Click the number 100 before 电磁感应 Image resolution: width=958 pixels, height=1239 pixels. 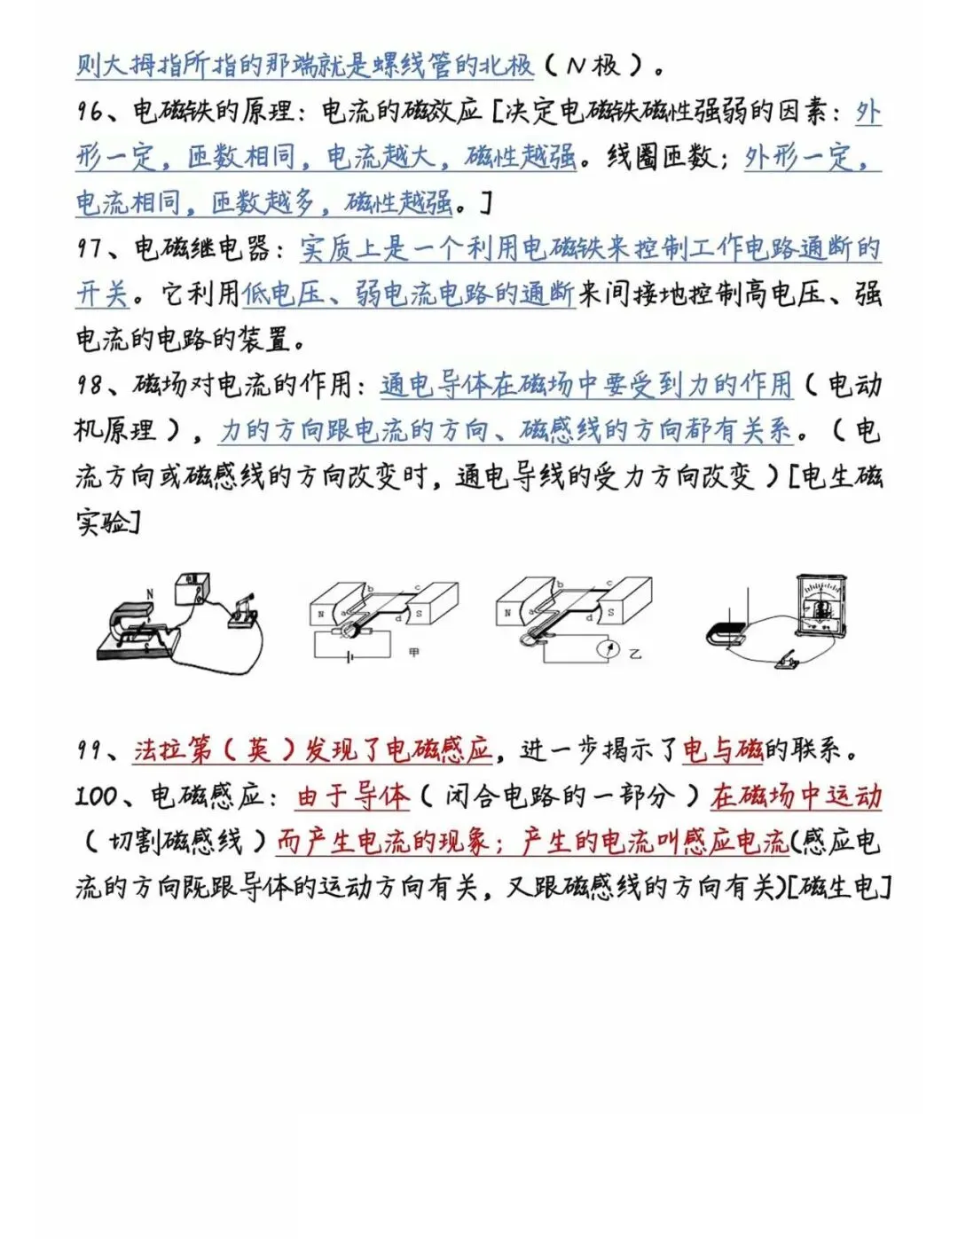tap(96, 796)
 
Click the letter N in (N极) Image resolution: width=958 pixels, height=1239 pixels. tap(577, 66)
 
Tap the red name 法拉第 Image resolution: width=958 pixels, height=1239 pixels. tap(173, 750)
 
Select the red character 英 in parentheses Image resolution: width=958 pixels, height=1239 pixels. tap(257, 750)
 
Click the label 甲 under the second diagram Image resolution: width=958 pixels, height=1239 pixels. tap(413, 653)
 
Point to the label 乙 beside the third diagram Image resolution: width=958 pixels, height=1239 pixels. tap(634, 655)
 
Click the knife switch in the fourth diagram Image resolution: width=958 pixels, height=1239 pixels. tap(784, 659)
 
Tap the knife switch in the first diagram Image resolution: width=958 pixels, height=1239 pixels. tap(242, 611)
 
